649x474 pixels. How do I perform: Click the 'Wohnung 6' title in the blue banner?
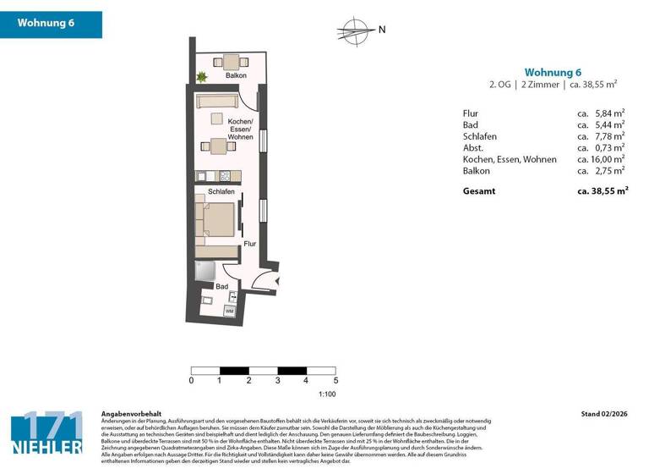[x=46, y=24]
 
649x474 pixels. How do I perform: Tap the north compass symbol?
[x=355, y=31]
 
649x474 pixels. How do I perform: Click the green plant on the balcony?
[x=201, y=77]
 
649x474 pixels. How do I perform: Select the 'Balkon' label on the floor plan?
[x=236, y=76]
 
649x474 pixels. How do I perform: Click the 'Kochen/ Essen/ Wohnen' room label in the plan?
[x=240, y=130]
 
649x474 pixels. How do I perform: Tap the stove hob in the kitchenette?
[x=225, y=176]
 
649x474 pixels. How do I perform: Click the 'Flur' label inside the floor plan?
[x=249, y=244]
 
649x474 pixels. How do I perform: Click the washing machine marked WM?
[x=229, y=311]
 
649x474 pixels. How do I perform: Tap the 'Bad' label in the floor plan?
[x=221, y=287]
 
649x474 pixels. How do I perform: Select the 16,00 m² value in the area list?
[x=601, y=159]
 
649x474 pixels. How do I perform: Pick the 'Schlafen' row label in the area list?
[x=479, y=136]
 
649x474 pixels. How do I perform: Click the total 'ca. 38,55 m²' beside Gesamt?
[x=603, y=191]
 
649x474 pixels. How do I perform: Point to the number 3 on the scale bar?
[x=278, y=381]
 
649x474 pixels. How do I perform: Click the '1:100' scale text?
[x=327, y=394]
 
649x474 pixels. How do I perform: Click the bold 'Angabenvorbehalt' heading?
[x=125, y=414]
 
